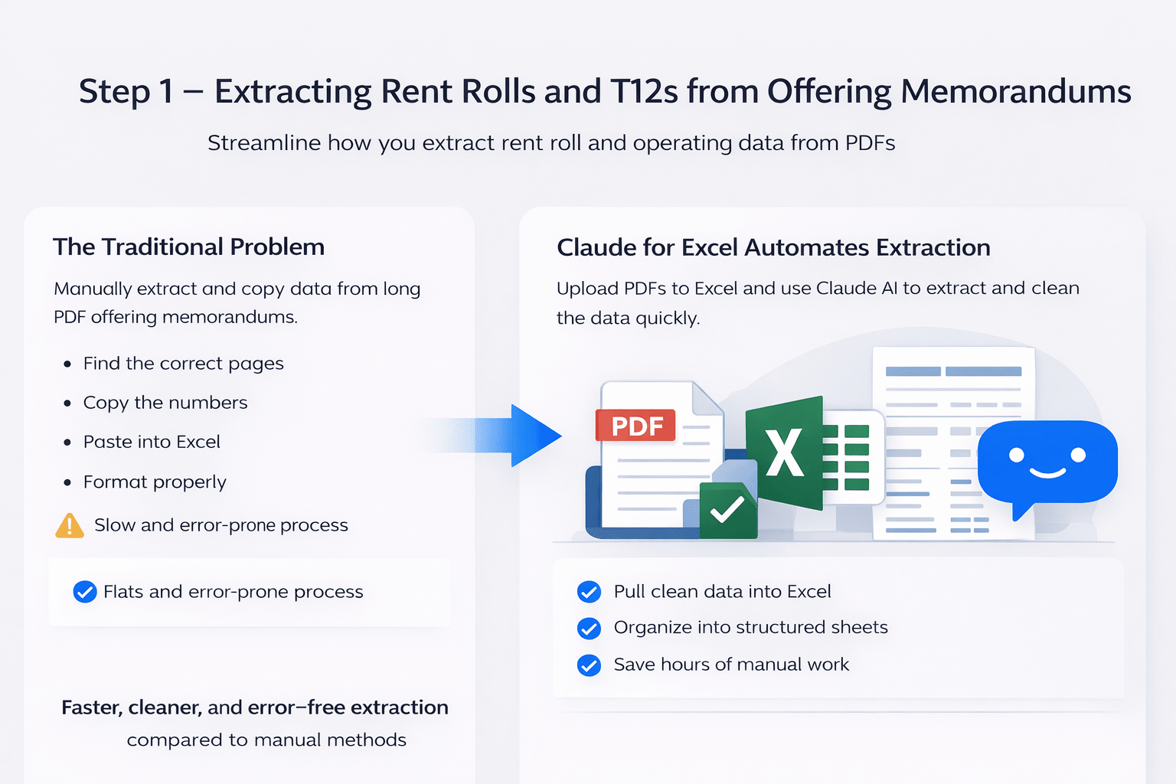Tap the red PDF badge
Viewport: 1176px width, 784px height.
[635, 425]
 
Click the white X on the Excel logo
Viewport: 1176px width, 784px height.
[785, 452]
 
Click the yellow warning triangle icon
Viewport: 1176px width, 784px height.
[70, 526]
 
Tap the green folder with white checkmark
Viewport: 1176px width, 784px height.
[727, 509]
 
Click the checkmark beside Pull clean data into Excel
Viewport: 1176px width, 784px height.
[589, 592]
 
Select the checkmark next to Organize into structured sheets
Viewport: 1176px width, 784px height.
[589, 629]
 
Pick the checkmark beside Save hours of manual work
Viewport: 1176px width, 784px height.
[589, 665]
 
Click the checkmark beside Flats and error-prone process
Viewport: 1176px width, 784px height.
[84, 592]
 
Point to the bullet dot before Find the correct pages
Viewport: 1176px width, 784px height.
[68, 364]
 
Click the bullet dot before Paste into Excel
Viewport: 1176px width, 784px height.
[68, 443]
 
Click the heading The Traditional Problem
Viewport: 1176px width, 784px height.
[188, 247]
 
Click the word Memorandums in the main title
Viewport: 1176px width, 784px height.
[1015, 91]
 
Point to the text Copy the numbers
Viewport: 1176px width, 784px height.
[165, 403]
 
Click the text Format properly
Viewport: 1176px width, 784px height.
[155, 482]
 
